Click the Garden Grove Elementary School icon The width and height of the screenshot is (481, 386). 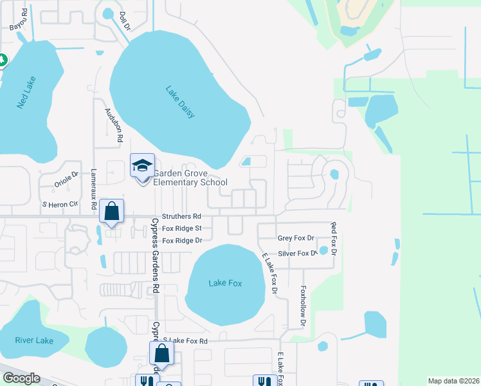142,167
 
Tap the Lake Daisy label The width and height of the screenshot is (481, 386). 179,102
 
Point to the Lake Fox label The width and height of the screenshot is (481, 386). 225,283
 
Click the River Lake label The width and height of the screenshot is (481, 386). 34,340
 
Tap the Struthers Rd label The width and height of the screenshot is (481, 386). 181,217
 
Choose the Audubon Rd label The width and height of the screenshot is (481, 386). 113,124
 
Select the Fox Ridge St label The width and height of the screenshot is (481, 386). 182,228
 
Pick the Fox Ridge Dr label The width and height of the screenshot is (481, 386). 182,241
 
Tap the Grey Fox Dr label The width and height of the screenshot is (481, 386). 296,238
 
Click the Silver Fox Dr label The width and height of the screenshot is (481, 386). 298,253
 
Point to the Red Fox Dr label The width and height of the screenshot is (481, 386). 333,237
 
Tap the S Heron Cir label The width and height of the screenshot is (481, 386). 60,204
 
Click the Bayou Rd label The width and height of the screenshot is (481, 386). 19,19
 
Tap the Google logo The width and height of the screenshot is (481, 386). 21,378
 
